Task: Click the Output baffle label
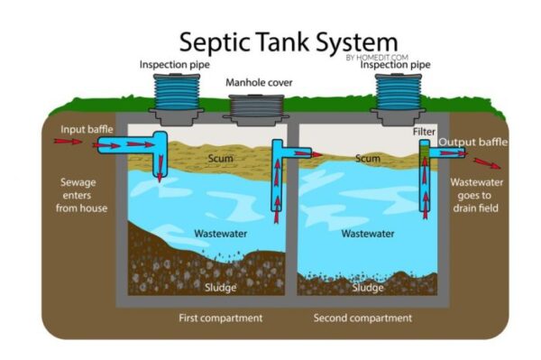(472, 143)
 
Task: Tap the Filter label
(425, 132)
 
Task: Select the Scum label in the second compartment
(367, 159)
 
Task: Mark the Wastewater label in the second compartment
(368, 234)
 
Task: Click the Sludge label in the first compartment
(211, 287)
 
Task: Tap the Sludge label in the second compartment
(368, 288)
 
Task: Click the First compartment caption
(220, 318)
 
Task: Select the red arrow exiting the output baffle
(487, 163)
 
